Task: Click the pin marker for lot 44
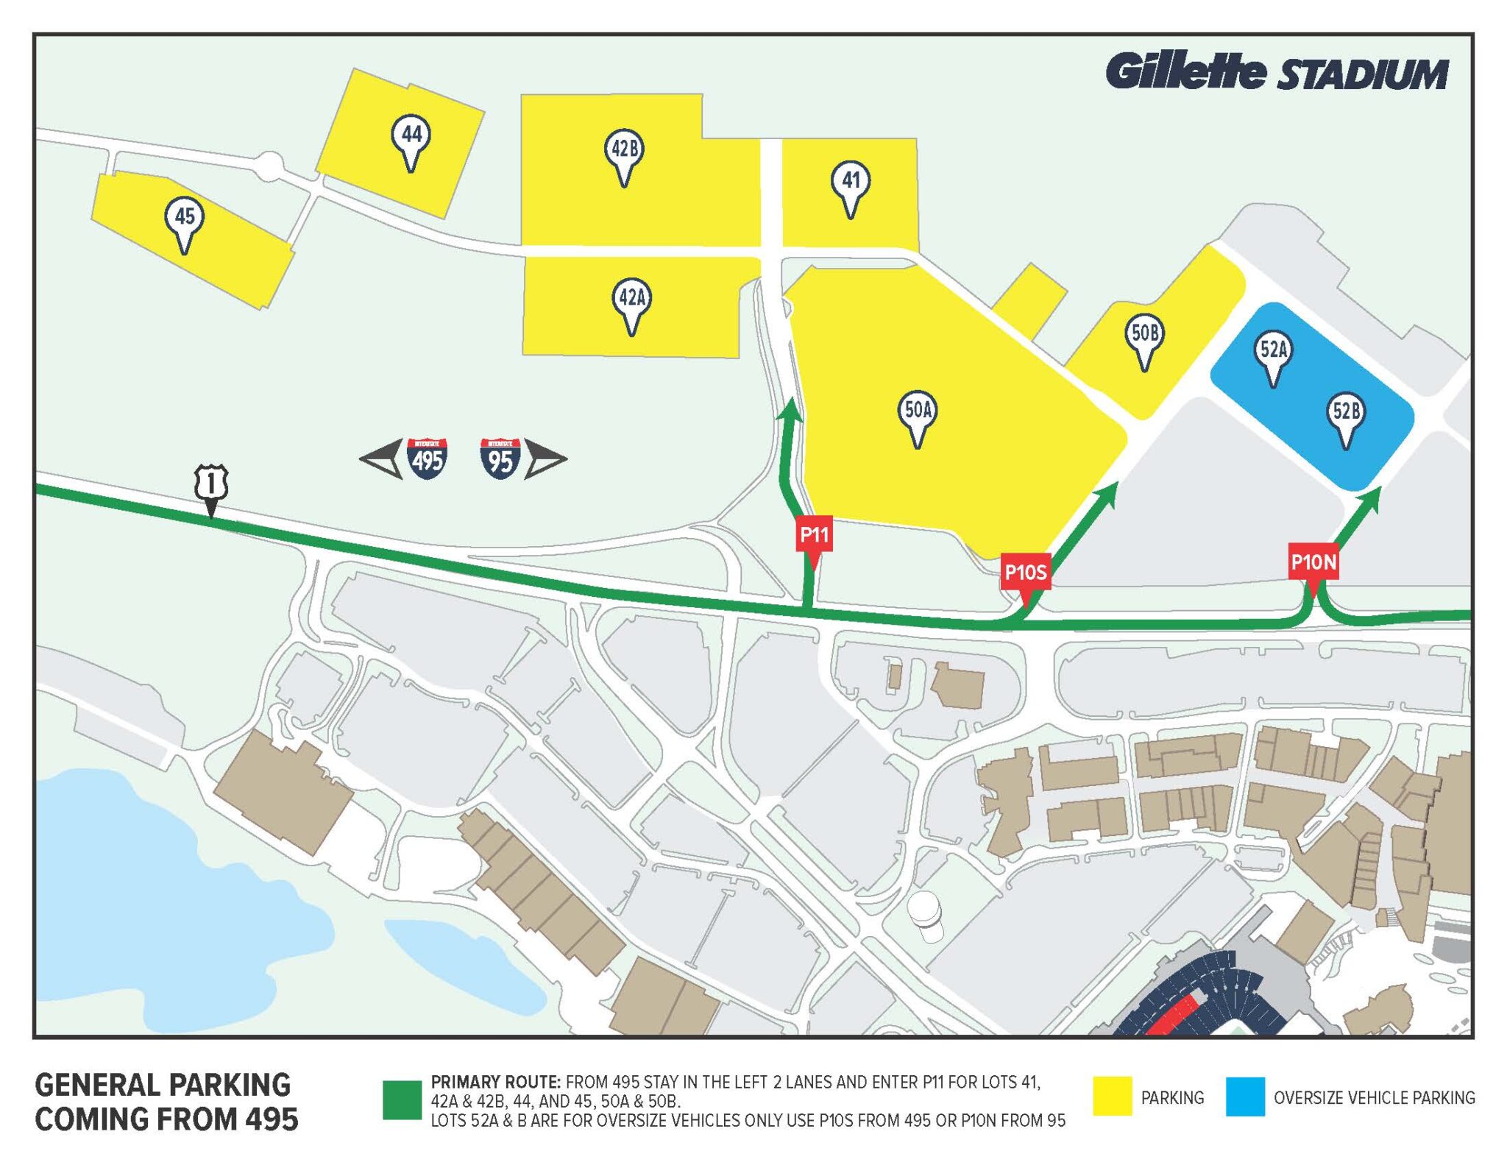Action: pyautogui.click(x=411, y=137)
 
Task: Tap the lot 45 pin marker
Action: pyautogui.click(x=184, y=219)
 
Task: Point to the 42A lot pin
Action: pyautogui.click(x=631, y=300)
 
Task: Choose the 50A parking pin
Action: pyautogui.click(x=917, y=412)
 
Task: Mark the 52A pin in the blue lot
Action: pyautogui.click(x=1273, y=352)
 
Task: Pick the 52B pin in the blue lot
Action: pyautogui.click(x=1346, y=414)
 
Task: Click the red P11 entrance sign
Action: pyautogui.click(x=814, y=535)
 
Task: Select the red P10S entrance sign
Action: pyautogui.click(x=1025, y=573)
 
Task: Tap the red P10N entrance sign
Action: pyautogui.click(x=1313, y=564)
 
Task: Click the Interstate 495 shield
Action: pyautogui.click(x=427, y=459)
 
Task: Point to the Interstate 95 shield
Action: pyautogui.click(x=500, y=459)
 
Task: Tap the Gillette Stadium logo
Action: pyautogui.click(x=1277, y=72)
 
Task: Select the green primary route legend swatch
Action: pyautogui.click(x=402, y=1100)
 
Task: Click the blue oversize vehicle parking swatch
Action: pyautogui.click(x=1245, y=1097)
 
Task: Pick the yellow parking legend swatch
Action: pyautogui.click(x=1112, y=1097)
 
